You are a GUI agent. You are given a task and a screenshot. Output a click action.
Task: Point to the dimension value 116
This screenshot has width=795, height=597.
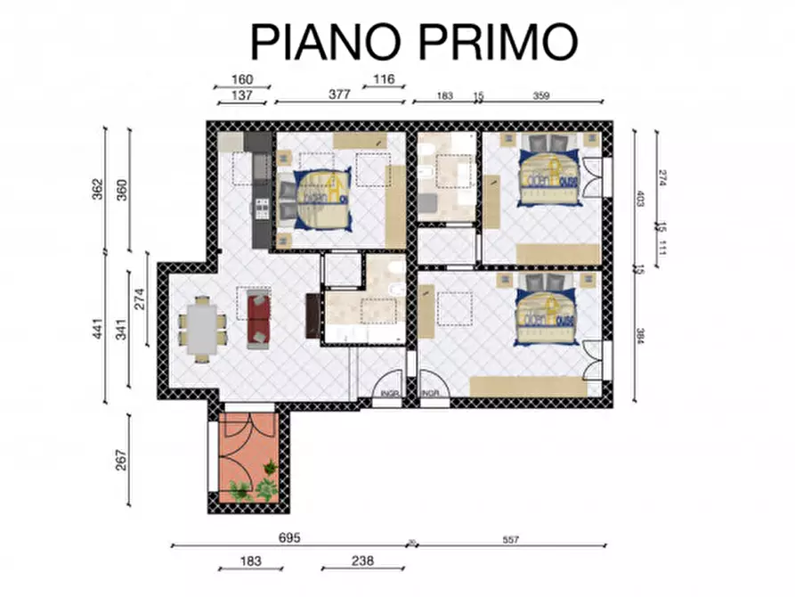coord(384,79)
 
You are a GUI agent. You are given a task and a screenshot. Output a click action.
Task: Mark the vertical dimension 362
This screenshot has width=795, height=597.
coord(98,191)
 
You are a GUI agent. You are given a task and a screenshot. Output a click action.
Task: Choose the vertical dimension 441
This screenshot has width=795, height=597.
coord(98,331)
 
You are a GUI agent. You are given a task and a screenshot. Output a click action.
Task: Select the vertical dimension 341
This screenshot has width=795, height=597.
coord(121,331)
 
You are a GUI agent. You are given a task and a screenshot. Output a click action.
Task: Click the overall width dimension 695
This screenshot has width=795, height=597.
coord(290,538)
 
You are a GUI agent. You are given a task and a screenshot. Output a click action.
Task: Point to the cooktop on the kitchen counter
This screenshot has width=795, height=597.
coord(263,209)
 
